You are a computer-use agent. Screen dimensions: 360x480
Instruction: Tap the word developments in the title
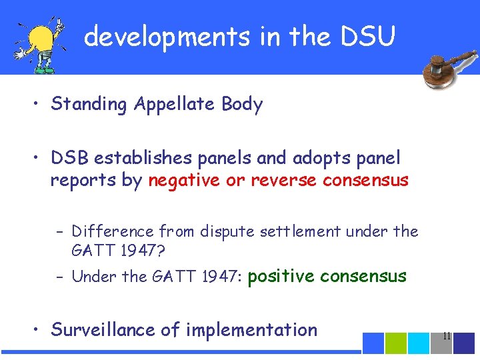pos(168,37)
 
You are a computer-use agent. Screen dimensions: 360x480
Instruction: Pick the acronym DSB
pos(71,159)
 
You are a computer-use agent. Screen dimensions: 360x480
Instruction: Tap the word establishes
pos(141,159)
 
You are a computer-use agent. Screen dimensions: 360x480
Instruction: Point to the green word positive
pos(279,276)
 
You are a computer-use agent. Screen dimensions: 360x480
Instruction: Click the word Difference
pos(113,231)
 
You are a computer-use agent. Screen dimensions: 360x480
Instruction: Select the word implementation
pos(251,330)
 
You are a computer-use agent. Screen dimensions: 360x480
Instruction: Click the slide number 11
pos(447,337)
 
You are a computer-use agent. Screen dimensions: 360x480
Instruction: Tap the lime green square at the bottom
pos(397,343)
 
